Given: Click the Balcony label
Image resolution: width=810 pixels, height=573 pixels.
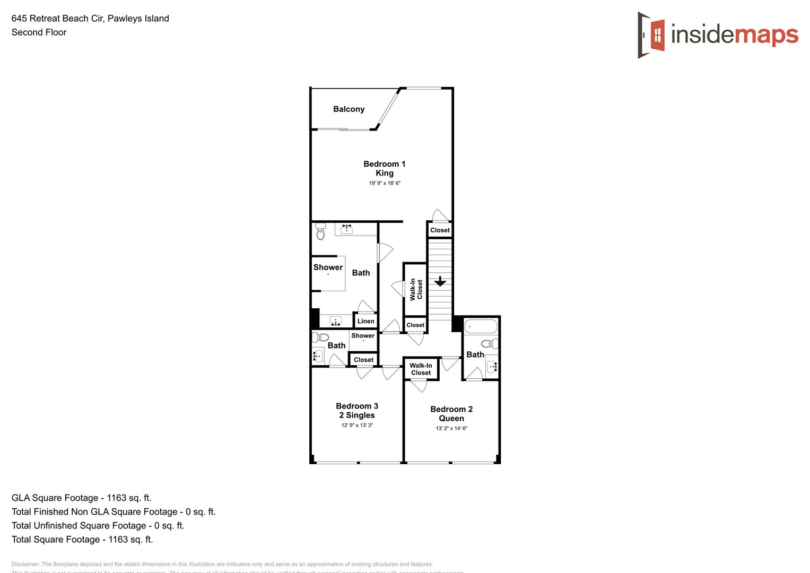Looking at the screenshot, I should [349, 109].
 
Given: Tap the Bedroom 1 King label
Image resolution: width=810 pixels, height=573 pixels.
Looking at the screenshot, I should [384, 168].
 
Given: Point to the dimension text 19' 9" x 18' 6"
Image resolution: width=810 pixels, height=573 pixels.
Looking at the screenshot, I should [385, 183].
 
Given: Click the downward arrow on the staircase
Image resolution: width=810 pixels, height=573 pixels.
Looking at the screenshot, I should [440, 281].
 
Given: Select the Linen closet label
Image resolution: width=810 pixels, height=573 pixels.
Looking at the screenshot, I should [365, 321].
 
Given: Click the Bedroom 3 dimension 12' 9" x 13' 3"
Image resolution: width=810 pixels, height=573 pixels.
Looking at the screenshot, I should [357, 425].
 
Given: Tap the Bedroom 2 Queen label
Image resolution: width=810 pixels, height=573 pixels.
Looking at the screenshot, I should [451, 413].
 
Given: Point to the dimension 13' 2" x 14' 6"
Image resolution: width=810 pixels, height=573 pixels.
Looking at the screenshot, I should [451, 428].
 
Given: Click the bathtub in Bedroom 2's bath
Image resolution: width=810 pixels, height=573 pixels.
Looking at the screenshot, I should [481, 326].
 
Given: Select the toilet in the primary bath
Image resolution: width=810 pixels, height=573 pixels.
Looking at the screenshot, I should [320, 231].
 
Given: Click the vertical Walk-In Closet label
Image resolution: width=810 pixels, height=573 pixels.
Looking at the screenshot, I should [416, 290].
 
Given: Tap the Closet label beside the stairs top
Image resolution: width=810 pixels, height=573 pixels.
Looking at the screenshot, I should [440, 230].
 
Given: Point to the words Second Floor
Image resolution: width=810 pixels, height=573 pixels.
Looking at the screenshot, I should [39, 32].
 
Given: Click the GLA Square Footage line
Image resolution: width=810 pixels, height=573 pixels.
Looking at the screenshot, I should [82, 498].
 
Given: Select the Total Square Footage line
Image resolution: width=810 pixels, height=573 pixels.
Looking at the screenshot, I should [82, 539].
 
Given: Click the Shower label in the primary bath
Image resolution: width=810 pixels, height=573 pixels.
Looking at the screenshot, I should [328, 267].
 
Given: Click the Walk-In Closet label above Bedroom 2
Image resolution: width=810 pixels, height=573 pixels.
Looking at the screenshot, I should [421, 369].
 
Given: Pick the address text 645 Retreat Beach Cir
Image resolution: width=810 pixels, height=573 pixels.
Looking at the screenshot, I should [57, 19].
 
